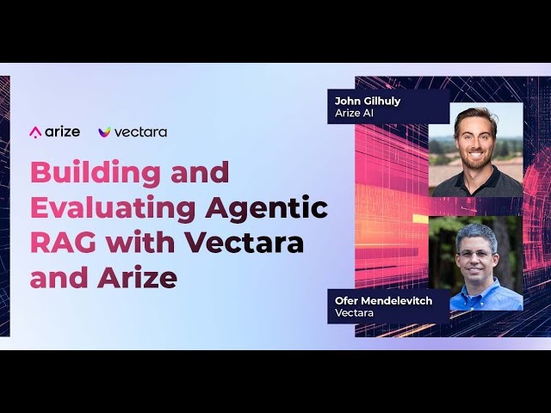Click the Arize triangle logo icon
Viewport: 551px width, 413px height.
35,133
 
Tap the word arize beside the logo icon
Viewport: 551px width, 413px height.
63,132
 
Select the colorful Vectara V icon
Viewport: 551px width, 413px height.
104,132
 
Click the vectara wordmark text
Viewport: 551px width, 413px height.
140,133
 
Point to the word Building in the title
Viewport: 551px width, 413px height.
96,174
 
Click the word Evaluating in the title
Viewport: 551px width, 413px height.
113,208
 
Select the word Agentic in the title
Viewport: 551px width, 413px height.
267,208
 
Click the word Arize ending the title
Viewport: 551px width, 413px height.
137,277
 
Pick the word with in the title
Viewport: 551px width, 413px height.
140,242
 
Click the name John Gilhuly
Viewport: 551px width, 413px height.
368,102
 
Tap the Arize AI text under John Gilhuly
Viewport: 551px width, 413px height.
354,113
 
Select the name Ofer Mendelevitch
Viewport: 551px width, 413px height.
383,301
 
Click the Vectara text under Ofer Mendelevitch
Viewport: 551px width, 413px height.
354,312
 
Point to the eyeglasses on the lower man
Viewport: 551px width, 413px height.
475,255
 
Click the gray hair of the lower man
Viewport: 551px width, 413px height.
476,235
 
